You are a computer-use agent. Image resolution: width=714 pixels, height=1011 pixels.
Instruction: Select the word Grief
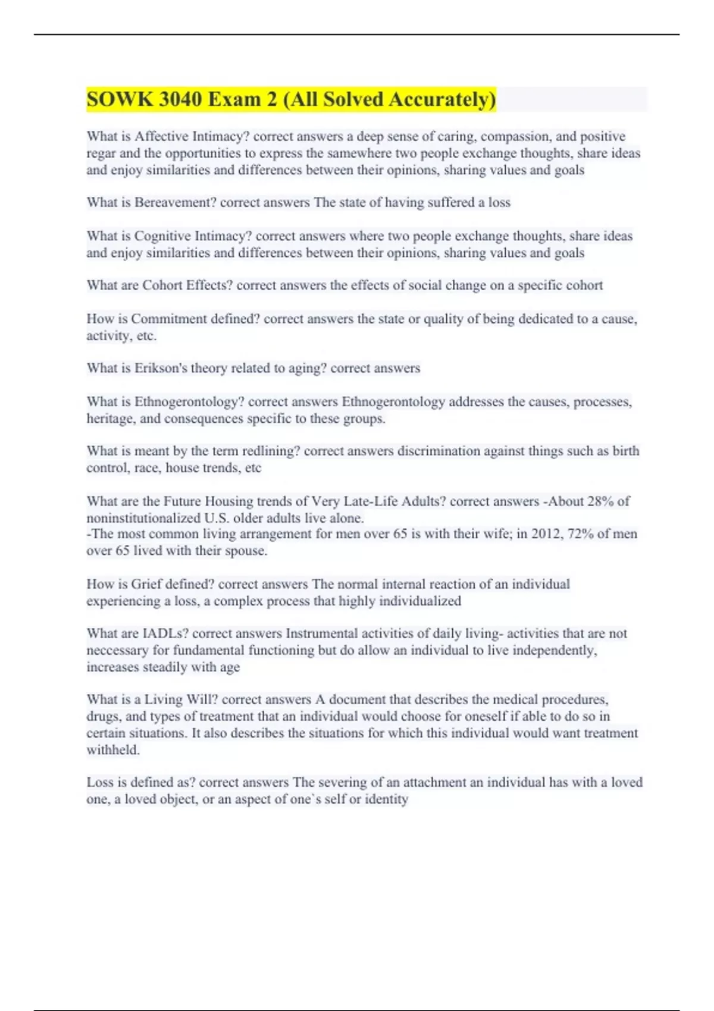point(146,584)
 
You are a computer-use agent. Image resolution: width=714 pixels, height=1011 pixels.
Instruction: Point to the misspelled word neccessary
point(117,651)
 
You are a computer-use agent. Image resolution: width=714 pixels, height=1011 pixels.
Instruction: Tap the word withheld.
point(113,750)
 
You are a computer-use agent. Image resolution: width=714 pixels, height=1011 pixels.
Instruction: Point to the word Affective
point(161,137)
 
